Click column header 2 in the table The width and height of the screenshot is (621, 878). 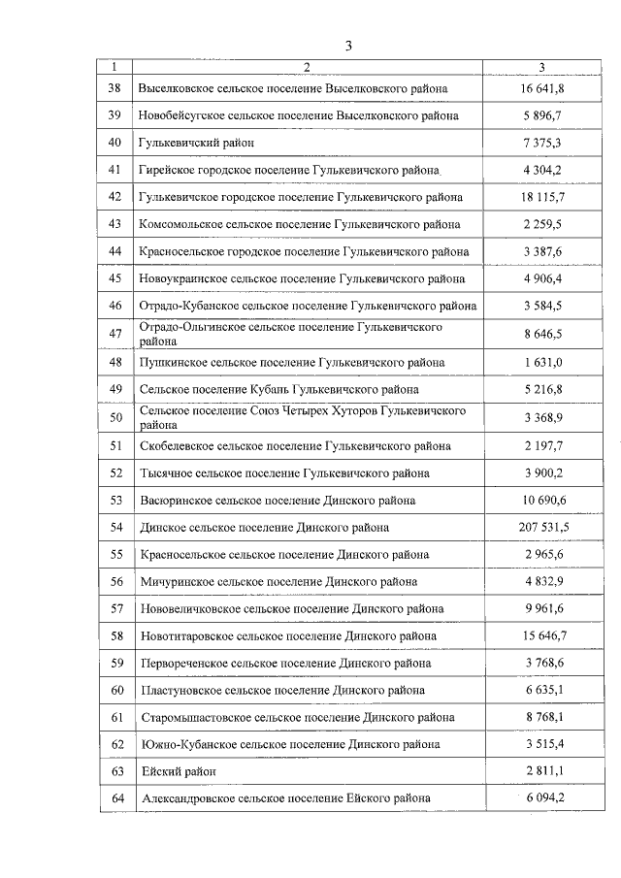point(307,67)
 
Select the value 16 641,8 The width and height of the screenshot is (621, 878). point(542,88)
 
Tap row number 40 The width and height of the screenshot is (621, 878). point(114,143)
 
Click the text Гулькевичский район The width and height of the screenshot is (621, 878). point(197,143)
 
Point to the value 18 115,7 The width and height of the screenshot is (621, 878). point(542,197)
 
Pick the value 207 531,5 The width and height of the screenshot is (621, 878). point(542,527)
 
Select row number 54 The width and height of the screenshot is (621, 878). point(114,527)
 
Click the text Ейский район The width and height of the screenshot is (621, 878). point(179,771)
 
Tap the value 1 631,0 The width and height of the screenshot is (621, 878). point(542,363)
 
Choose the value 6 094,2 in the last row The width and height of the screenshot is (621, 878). point(542,798)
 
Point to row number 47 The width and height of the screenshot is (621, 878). point(114,335)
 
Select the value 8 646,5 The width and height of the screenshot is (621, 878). point(542,335)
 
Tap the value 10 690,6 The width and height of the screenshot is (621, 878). point(542,501)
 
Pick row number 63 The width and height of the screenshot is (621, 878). point(114,771)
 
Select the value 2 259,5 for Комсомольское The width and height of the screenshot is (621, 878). point(542,224)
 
